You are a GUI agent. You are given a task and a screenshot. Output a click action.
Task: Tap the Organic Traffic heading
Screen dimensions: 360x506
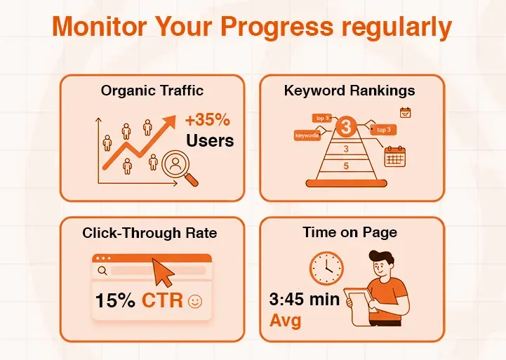pos(152,90)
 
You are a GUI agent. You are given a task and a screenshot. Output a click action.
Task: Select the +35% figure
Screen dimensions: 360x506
pos(208,119)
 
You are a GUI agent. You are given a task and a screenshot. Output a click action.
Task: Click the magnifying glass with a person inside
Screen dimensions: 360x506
pos(177,168)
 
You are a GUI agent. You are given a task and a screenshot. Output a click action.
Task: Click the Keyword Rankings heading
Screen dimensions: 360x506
pos(349,90)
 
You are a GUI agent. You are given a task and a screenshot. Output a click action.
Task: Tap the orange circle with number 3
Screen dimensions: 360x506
pos(345,128)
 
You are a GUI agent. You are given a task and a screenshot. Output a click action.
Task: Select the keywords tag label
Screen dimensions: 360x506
pos(307,135)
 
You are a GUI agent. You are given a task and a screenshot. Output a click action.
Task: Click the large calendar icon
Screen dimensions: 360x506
pos(395,156)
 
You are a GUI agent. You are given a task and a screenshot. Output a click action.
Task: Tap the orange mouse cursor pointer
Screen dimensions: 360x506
pos(164,270)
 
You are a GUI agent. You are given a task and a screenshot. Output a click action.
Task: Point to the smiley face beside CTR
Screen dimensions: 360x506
pos(194,302)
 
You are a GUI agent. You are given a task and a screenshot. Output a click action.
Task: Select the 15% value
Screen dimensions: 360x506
pos(116,301)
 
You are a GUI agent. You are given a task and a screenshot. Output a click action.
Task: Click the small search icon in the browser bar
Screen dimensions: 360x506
pos(102,270)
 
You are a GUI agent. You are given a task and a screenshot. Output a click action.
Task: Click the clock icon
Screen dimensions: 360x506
pos(327,267)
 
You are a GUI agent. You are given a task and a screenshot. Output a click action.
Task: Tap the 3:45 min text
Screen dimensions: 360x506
pos(304,300)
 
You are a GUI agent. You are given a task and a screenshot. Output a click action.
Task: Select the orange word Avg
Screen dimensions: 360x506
pos(285,321)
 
